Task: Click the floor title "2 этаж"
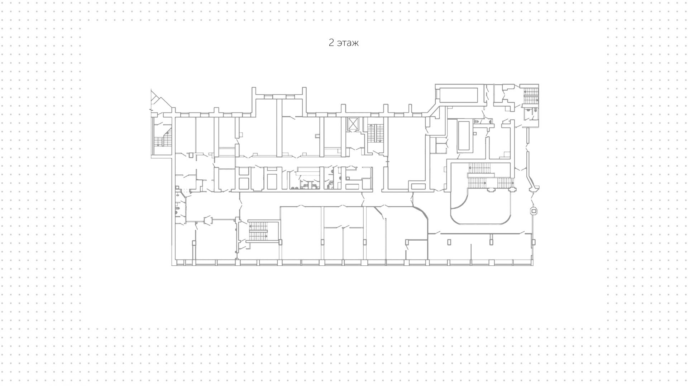[344, 43]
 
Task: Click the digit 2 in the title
[331, 43]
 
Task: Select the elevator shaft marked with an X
[353, 124]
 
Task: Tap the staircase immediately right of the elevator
[376, 133]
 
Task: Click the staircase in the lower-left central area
[258, 231]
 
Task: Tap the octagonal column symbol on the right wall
[534, 211]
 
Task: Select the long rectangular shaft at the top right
[459, 95]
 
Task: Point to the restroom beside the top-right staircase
[530, 114]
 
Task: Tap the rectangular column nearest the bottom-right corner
[534, 242]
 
